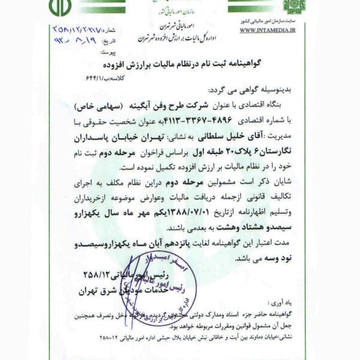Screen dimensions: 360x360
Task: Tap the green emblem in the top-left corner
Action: tap(60, 7)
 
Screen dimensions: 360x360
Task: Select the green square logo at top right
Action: tap(294, 7)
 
